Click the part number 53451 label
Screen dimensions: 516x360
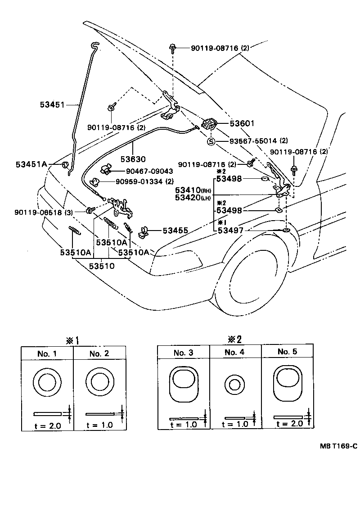pos(52,105)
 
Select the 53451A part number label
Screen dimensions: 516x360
pos(32,164)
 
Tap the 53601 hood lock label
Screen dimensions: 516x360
pos(242,122)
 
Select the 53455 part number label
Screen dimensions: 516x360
pos(175,231)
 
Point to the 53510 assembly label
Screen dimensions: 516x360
pos(101,266)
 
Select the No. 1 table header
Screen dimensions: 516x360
pos(47,353)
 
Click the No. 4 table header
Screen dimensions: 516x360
pos(234,352)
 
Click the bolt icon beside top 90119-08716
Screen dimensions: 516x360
pos(173,48)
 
